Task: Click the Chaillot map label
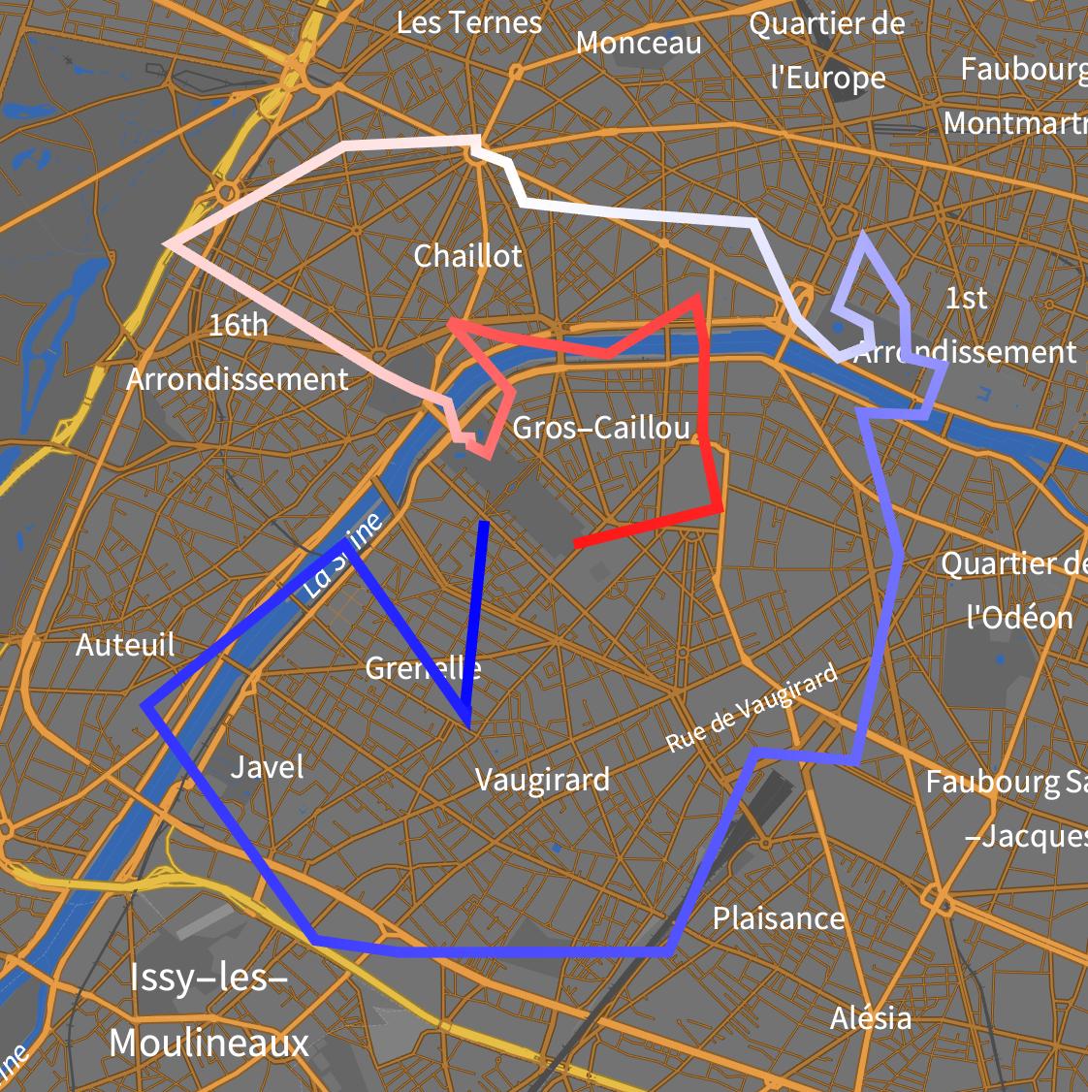coord(467,256)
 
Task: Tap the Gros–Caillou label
coord(601,428)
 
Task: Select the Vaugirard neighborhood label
coord(542,780)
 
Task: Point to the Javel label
coord(268,767)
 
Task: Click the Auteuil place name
coord(126,645)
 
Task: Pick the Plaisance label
coord(779,918)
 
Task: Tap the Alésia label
coord(871,1018)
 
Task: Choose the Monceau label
coord(638,43)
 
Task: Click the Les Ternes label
coord(469,22)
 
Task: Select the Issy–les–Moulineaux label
coord(209,1011)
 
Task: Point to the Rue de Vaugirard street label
coord(751,708)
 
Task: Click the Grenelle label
coord(423,668)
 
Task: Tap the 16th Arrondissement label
coord(238,352)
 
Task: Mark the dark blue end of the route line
coord(485,524)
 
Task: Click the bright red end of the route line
coord(577,545)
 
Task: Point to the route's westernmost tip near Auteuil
coord(144,705)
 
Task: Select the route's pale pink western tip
coord(168,241)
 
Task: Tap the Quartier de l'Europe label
coord(827,50)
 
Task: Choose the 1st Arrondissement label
coord(965,325)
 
